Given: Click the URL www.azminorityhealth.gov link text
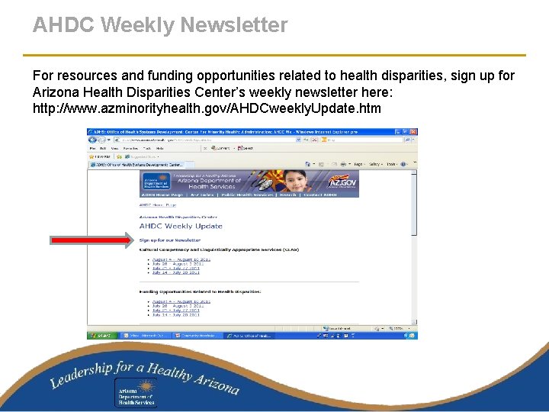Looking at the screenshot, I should tap(206, 108).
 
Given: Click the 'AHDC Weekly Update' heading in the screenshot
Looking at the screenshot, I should tap(181, 226).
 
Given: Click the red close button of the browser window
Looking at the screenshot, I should tap(414, 131).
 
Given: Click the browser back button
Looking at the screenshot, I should tap(91, 140).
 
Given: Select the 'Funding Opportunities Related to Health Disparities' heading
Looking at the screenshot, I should tap(200, 291).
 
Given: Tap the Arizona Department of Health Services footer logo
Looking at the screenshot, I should tap(136, 394).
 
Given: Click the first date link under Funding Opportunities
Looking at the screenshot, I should tap(181, 301).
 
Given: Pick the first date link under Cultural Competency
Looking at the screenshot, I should tap(181, 259).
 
